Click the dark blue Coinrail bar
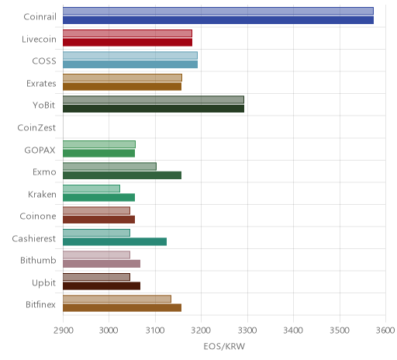[x=218, y=20]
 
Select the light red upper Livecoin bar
[x=127, y=33]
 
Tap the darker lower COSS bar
[x=130, y=64]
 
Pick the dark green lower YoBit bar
[x=154, y=109]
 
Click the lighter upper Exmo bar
[x=109, y=167]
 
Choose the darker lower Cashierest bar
[x=115, y=242]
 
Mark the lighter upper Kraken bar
[x=91, y=189]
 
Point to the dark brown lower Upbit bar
[x=102, y=286]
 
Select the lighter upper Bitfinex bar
[x=117, y=299]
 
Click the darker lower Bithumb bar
[x=102, y=264]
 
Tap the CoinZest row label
[x=36, y=128]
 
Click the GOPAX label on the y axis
[x=40, y=150]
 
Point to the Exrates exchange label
[x=41, y=84]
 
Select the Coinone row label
[x=38, y=216]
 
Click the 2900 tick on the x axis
[x=64, y=331]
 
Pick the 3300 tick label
[x=247, y=331]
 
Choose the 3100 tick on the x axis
[x=155, y=331]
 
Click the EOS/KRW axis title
[x=224, y=346]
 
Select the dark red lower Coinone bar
[x=98, y=220]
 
